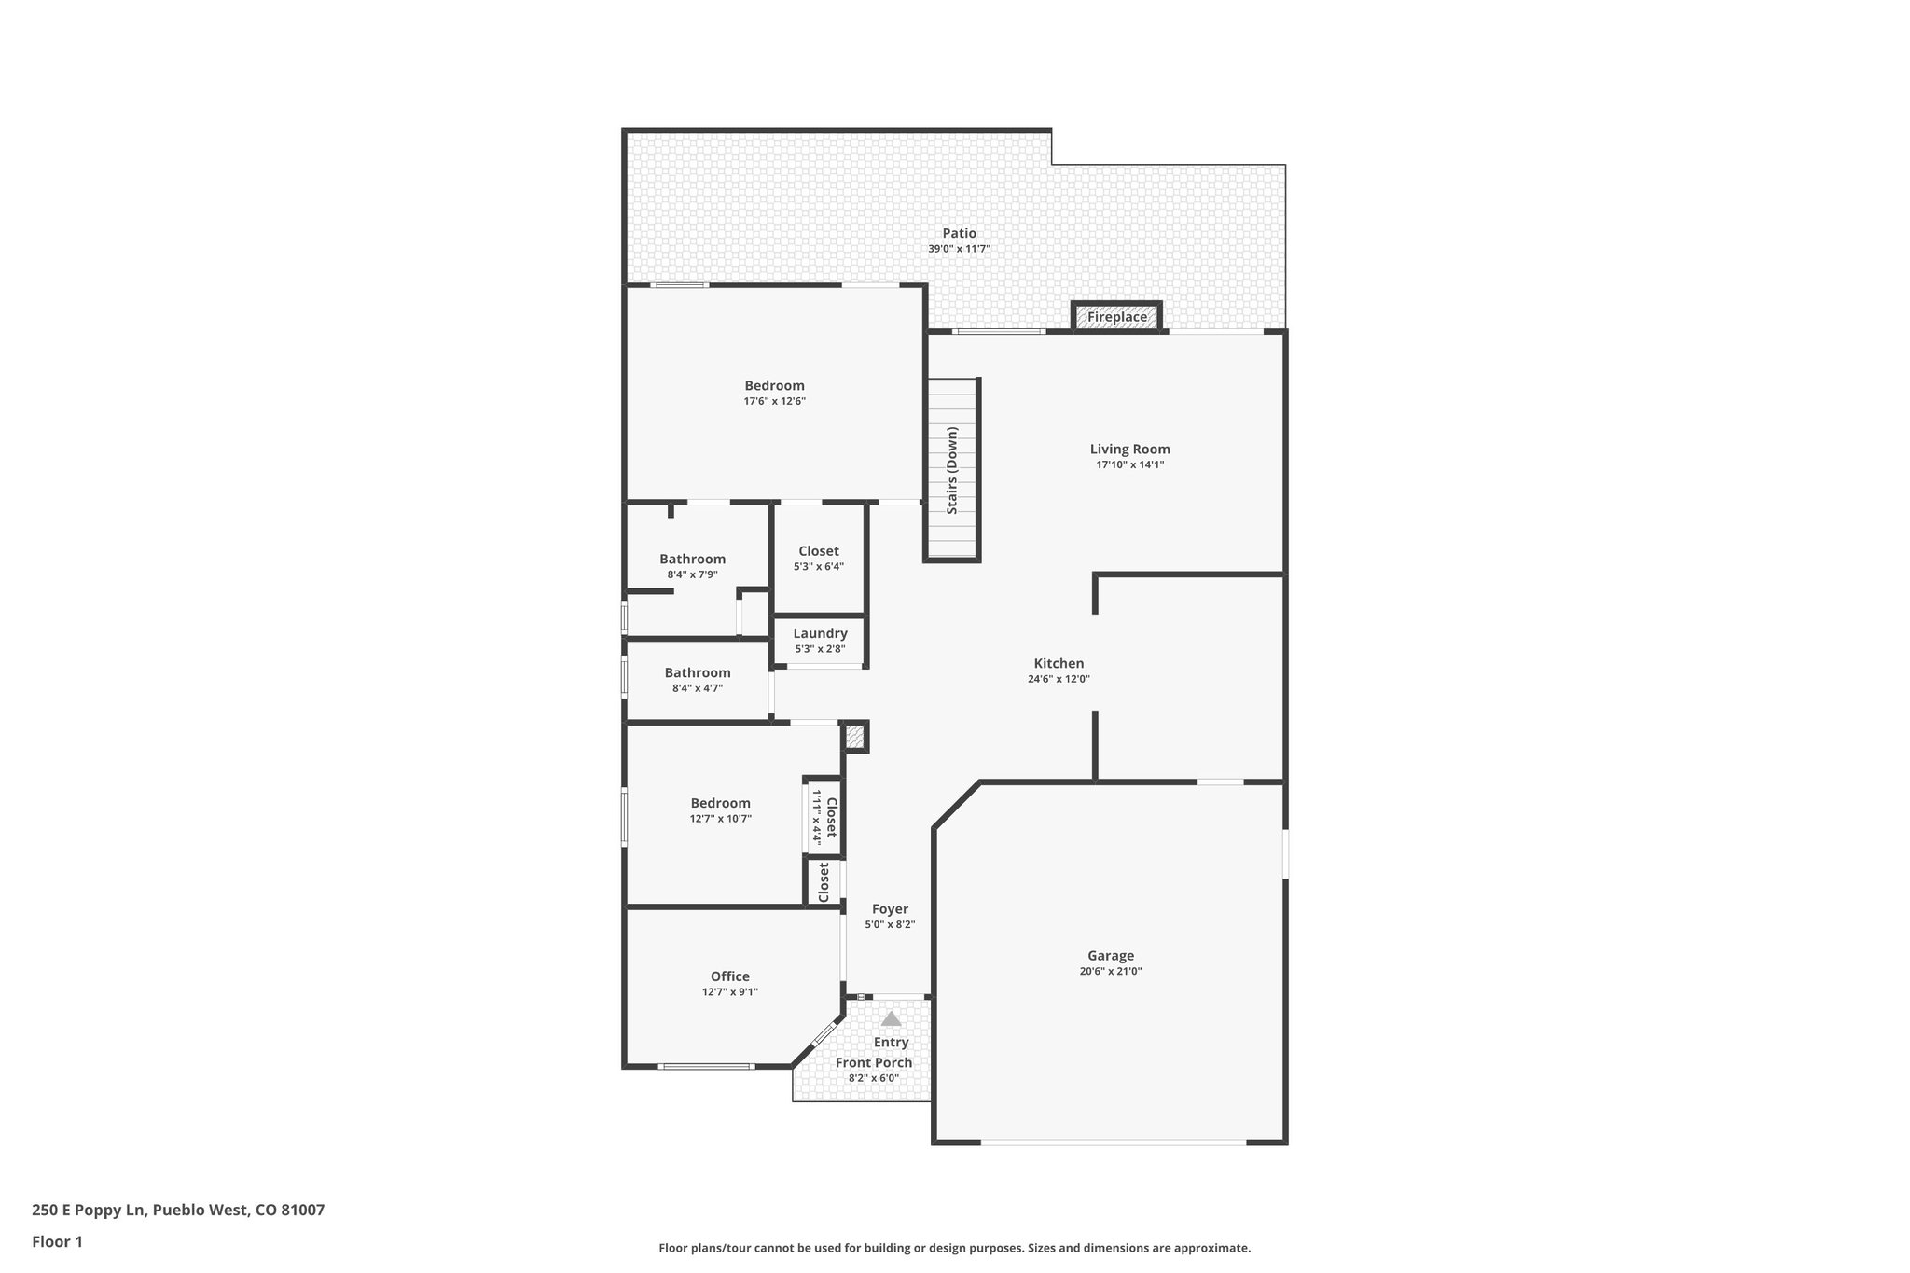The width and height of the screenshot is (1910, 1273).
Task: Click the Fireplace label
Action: tap(1116, 317)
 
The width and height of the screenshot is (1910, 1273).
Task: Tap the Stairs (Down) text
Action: tap(952, 470)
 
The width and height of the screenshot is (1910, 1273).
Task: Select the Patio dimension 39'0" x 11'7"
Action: tap(959, 249)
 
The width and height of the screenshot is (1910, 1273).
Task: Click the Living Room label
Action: tap(1129, 449)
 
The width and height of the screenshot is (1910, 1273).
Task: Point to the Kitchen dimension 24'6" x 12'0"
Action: tap(1059, 679)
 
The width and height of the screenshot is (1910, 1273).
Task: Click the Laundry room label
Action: tap(820, 633)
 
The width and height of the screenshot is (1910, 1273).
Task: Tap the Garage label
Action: tap(1110, 955)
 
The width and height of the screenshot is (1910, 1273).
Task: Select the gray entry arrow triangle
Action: tap(891, 1018)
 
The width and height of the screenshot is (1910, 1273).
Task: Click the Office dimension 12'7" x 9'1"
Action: tap(729, 992)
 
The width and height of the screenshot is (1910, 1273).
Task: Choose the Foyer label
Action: tap(890, 908)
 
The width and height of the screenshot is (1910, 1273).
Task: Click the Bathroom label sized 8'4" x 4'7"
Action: tap(698, 672)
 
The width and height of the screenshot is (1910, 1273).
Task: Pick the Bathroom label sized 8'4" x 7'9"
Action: tap(692, 559)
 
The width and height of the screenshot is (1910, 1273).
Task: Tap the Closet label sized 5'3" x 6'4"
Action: tap(818, 551)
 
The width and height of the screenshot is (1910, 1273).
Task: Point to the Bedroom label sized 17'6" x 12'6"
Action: tap(774, 385)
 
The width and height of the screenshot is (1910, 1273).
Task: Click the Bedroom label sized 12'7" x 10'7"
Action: tap(720, 803)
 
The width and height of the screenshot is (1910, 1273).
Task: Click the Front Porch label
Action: tap(873, 1062)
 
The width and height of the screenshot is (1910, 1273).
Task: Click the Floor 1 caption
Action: tap(57, 1241)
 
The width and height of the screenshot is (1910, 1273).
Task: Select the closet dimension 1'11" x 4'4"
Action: tap(816, 817)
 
